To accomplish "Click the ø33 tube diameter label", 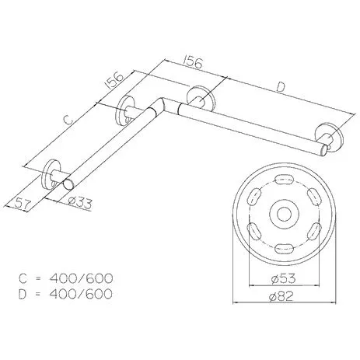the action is point(80,203).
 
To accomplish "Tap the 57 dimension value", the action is point(23,203).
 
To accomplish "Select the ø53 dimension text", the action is point(283,278).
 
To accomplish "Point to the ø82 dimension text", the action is point(281,296).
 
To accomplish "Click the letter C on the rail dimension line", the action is point(68,121).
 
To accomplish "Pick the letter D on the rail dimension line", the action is point(281,87).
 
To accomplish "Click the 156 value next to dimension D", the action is point(193,62).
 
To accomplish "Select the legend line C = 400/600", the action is point(66,278).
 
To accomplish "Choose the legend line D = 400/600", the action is point(66,294).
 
